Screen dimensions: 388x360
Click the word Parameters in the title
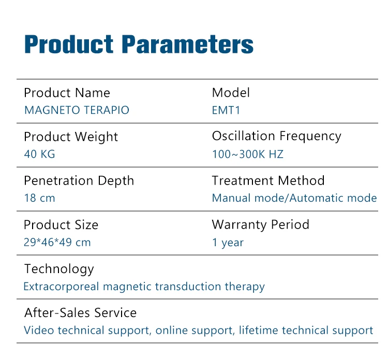click(x=188, y=44)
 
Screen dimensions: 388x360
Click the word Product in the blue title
click(x=69, y=44)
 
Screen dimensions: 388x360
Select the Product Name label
click(x=67, y=93)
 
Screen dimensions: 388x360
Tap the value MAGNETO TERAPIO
click(x=77, y=110)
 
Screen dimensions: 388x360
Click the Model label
click(x=231, y=93)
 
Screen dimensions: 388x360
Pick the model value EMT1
click(x=226, y=110)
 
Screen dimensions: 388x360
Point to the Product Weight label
click(x=71, y=137)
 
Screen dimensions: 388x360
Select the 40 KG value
click(x=40, y=154)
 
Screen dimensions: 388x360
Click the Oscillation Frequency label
click(x=277, y=137)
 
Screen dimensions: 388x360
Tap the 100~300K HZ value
click(x=248, y=154)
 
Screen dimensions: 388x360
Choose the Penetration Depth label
click(x=79, y=181)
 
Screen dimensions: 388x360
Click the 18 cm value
click(x=40, y=198)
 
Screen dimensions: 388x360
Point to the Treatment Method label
click(x=268, y=181)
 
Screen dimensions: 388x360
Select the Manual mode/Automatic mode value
click(x=294, y=198)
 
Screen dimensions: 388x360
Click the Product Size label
click(x=61, y=225)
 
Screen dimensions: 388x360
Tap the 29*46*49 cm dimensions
click(x=57, y=242)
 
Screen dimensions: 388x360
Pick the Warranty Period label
click(x=261, y=225)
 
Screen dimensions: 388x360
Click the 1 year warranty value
click(x=228, y=243)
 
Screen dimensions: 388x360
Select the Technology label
click(x=59, y=269)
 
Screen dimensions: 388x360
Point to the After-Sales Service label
click(x=80, y=313)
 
